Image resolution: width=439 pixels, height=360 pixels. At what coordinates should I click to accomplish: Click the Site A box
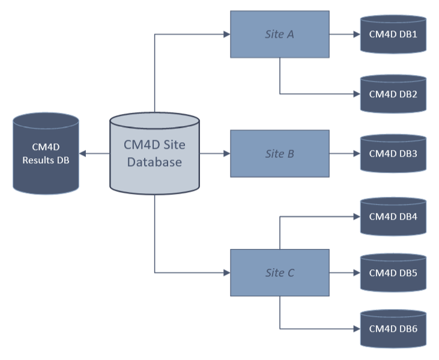(x=279, y=34)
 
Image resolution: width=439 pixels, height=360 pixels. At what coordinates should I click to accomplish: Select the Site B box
(x=279, y=154)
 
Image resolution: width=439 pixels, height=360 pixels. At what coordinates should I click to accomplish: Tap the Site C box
(x=279, y=273)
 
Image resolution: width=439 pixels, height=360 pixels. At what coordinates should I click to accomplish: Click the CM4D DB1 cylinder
(x=393, y=34)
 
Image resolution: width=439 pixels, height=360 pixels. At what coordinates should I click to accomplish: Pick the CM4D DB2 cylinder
(x=393, y=94)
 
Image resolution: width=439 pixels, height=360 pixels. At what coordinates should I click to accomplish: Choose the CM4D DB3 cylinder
(x=393, y=154)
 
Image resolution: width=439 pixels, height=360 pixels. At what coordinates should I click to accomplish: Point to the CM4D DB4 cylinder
(x=393, y=217)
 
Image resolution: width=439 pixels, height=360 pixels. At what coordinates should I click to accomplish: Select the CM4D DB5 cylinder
(x=393, y=273)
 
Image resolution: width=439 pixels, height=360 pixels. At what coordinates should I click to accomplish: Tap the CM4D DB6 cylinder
(x=393, y=329)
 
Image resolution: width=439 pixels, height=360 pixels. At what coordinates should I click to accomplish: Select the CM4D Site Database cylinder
(x=154, y=154)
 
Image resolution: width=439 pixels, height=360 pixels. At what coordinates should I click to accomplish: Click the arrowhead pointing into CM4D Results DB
(x=83, y=154)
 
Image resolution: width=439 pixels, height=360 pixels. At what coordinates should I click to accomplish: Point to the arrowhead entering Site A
(x=227, y=34)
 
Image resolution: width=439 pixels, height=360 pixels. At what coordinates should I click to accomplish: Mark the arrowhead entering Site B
(x=227, y=154)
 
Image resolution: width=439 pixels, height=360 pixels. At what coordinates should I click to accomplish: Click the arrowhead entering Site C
(x=227, y=273)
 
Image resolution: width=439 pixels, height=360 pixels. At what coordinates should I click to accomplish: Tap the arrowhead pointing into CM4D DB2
(x=356, y=94)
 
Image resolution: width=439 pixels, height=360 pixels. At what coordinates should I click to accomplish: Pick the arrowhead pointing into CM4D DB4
(x=356, y=217)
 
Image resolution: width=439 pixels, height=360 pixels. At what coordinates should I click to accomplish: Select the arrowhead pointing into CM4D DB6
(x=356, y=329)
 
